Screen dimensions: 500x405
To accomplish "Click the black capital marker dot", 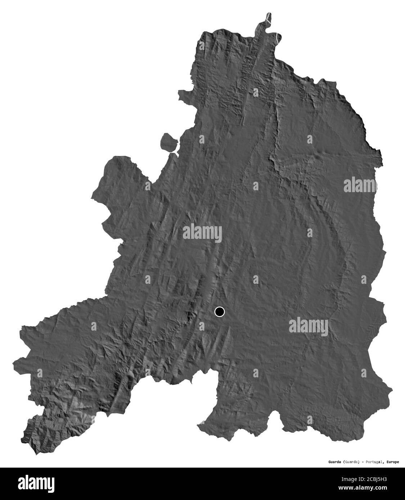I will click(219, 312).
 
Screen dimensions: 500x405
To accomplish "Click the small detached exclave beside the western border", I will click(169, 142).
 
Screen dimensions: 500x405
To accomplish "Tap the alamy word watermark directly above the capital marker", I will click(202, 232).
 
